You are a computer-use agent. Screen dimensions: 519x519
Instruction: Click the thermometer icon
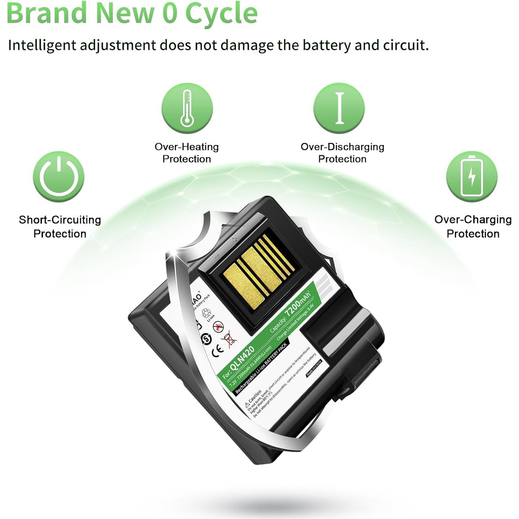(187, 108)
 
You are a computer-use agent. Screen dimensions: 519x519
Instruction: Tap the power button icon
(59, 176)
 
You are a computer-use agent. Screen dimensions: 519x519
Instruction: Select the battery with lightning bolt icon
(471, 176)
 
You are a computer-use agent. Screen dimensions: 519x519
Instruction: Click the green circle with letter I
(339, 108)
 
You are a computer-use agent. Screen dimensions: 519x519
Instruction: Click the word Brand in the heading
(46, 13)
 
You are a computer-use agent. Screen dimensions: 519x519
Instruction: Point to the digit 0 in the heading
(170, 13)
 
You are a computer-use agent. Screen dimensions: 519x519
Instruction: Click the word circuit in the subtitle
(404, 45)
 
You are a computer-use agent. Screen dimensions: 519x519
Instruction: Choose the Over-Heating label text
(187, 147)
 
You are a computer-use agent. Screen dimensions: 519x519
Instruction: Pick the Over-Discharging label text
(342, 147)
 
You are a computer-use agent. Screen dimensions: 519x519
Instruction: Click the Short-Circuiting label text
(60, 220)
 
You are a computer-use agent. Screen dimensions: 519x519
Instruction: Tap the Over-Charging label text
(473, 219)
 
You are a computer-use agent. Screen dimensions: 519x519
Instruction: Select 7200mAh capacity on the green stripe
(297, 304)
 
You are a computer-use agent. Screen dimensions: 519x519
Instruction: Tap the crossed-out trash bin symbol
(229, 339)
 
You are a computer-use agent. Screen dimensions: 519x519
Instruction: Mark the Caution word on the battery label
(255, 396)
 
